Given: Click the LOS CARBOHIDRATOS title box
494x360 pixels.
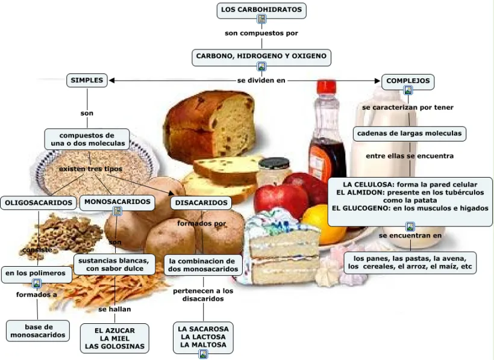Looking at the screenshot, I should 261,10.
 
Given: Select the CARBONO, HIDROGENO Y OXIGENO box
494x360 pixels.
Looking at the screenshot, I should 261,56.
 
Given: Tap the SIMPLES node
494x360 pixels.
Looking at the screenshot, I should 87,80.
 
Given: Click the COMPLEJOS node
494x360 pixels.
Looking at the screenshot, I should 408,80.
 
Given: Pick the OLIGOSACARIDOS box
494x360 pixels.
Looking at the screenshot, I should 39,203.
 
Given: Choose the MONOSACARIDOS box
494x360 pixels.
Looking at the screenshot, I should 117,202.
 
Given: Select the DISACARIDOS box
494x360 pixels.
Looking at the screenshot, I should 201,203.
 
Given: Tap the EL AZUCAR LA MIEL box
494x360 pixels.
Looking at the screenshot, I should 114,338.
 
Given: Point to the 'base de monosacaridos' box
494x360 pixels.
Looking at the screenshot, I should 37,331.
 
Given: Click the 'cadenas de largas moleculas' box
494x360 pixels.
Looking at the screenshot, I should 409,133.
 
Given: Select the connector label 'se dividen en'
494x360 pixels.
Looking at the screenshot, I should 261,80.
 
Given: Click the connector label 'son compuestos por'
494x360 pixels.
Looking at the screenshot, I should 261,33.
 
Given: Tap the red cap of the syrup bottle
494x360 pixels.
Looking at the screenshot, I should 326,87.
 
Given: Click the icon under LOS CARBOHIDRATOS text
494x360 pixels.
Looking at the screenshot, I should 261,19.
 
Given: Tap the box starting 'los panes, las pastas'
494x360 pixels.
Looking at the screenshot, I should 410,262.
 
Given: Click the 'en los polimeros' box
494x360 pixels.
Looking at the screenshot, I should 36,273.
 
